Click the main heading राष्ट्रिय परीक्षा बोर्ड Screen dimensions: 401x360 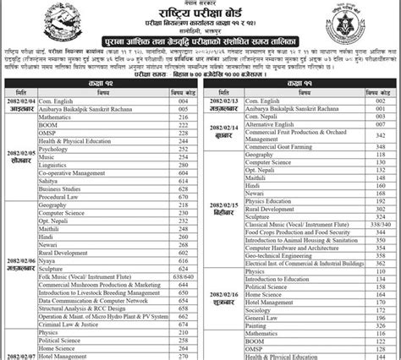coord(200,16)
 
